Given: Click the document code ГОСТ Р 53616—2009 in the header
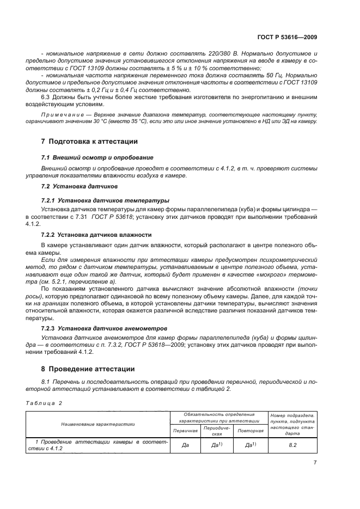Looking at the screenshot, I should (x=287, y=37).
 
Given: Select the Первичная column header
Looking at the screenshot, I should (x=185, y=430).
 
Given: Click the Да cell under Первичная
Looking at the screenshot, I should (x=185, y=445).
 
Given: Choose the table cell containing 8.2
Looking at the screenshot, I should (x=291, y=445).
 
